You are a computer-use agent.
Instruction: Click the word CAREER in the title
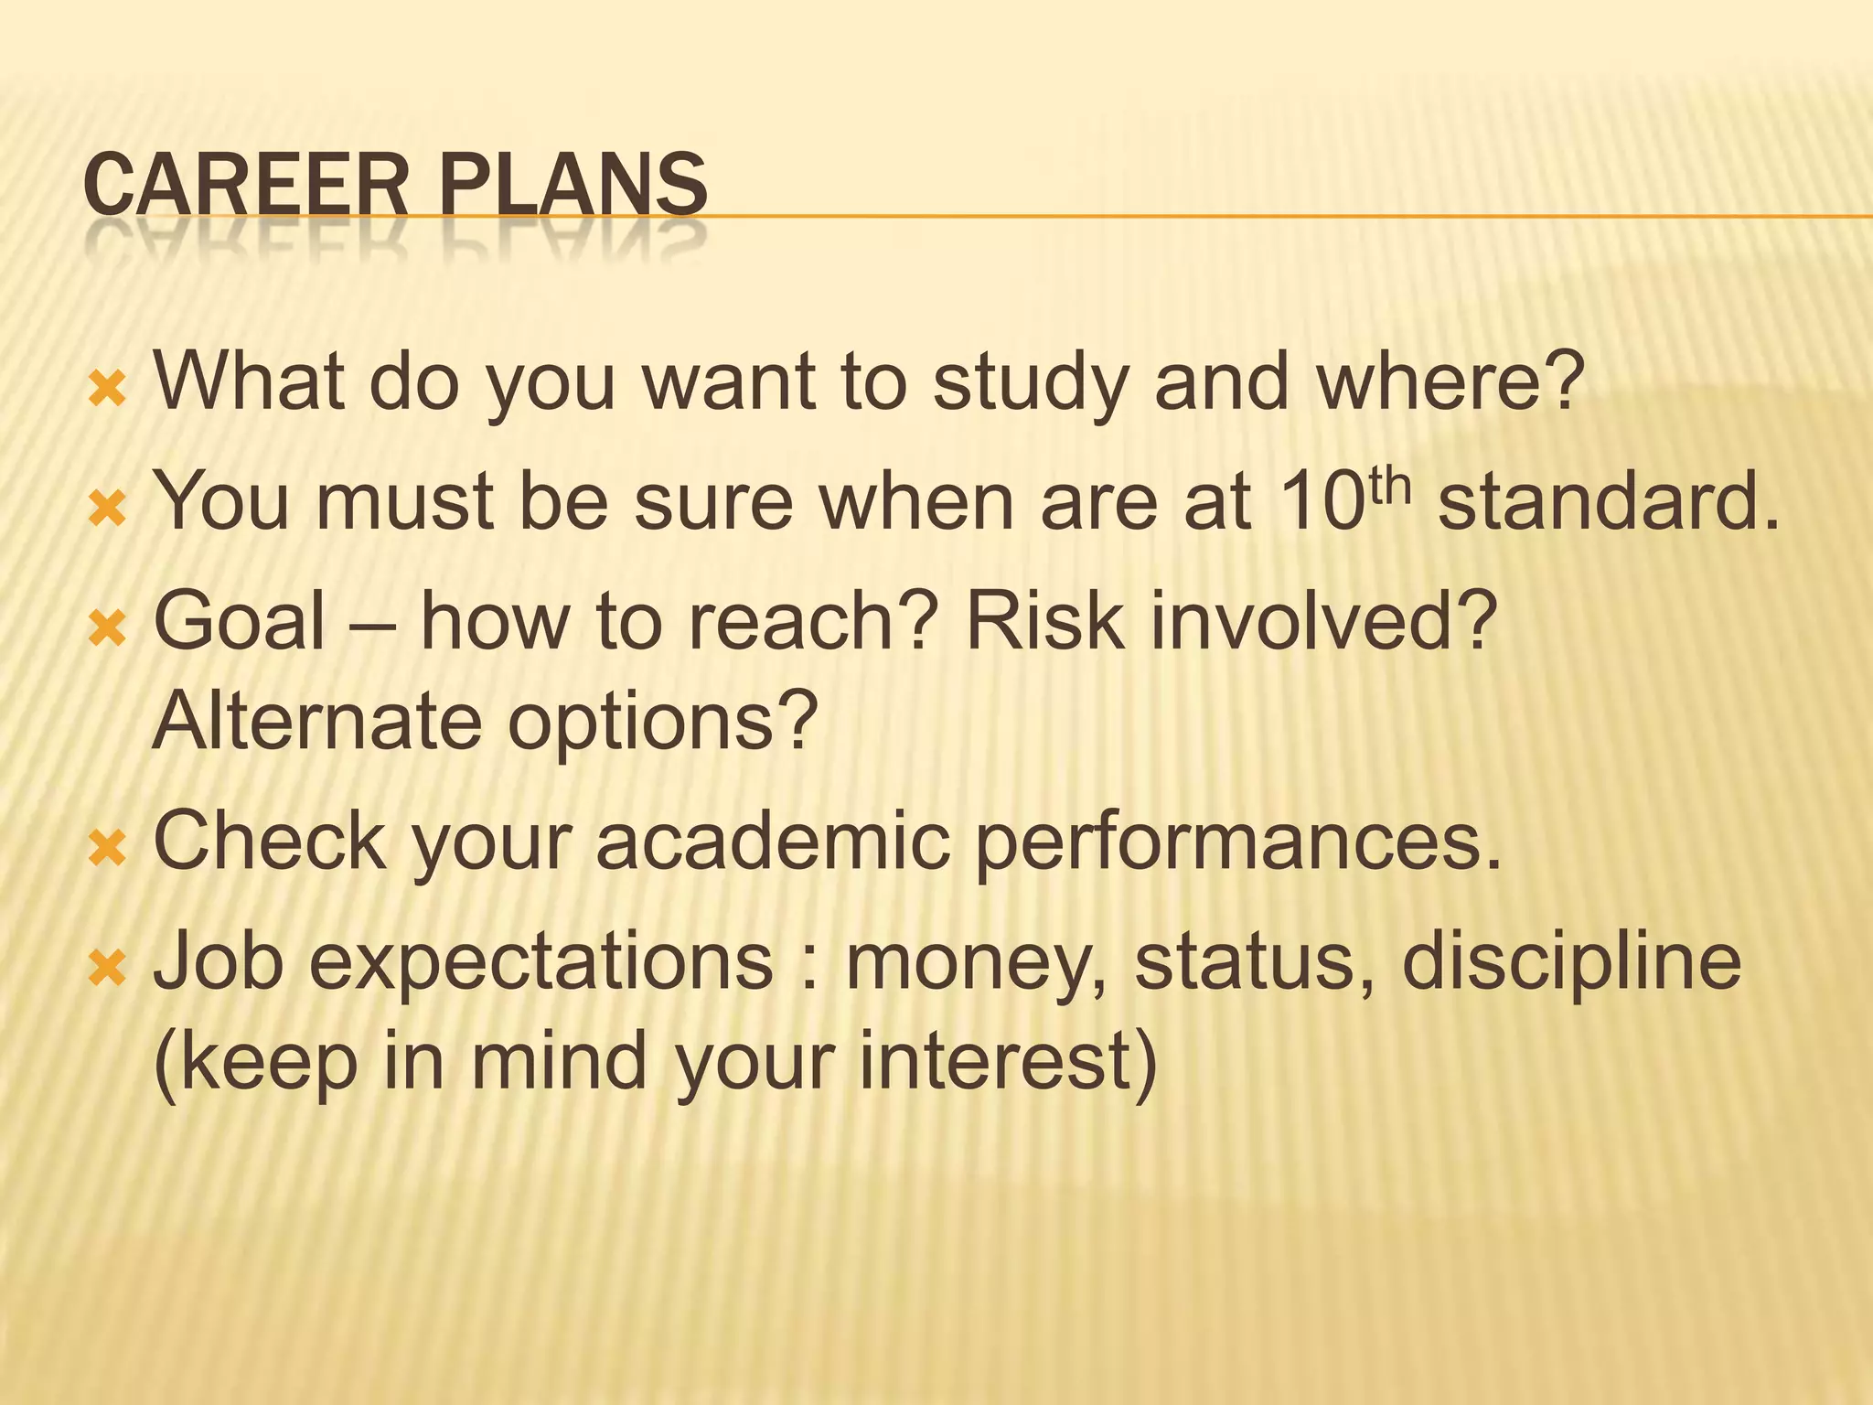tap(245, 186)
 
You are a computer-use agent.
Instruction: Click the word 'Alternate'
tap(316, 721)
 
